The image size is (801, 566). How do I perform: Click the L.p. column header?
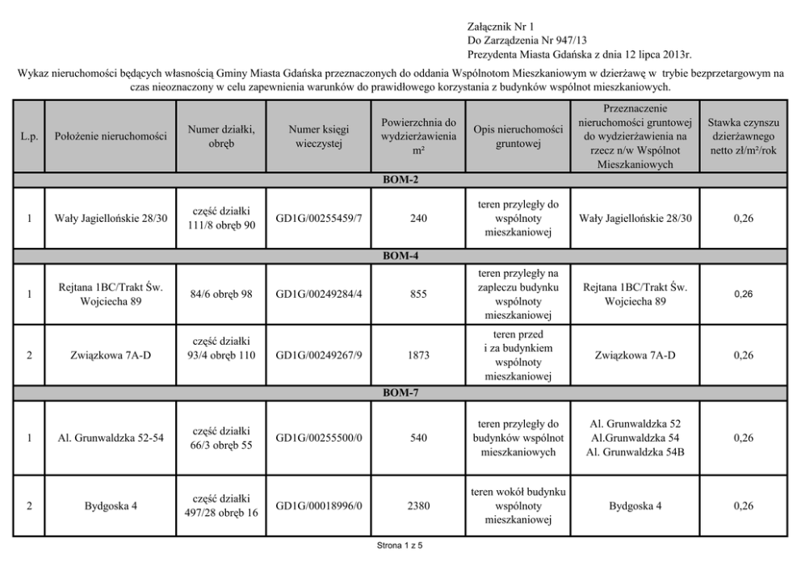pyautogui.click(x=29, y=136)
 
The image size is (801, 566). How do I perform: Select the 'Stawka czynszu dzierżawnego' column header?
pyautogui.click(x=742, y=136)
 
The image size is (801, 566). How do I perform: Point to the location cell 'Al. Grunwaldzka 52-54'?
pyautogui.click(x=111, y=438)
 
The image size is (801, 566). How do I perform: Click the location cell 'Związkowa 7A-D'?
pyautogui.click(x=111, y=355)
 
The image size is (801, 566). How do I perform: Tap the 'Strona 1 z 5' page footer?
pyautogui.click(x=400, y=546)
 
